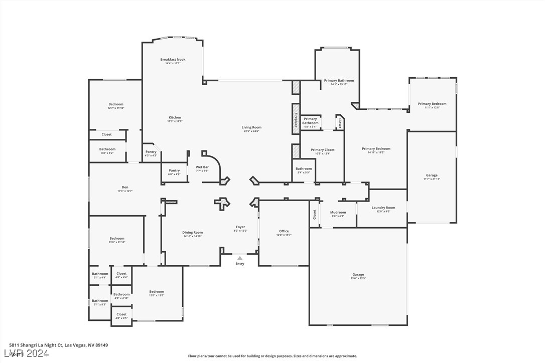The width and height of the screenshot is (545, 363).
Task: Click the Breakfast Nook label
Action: [173, 60]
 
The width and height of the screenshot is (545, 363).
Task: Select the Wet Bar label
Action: [202, 167]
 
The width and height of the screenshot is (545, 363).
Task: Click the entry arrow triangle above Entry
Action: [240, 258]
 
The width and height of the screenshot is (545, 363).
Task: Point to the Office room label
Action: [284, 231]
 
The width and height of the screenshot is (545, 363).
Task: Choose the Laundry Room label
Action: [383, 208]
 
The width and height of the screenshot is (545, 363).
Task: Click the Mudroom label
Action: [338, 212]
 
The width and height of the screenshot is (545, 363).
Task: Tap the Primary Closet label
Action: [322, 150]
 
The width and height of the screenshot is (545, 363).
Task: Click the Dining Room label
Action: [192, 232]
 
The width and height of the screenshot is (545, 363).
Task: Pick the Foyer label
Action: [241, 227]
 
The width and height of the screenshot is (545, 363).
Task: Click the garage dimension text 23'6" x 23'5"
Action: [358, 278]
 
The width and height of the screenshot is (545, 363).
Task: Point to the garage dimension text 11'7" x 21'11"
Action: [432, 179]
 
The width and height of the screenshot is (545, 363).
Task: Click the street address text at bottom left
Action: [58, 345]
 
